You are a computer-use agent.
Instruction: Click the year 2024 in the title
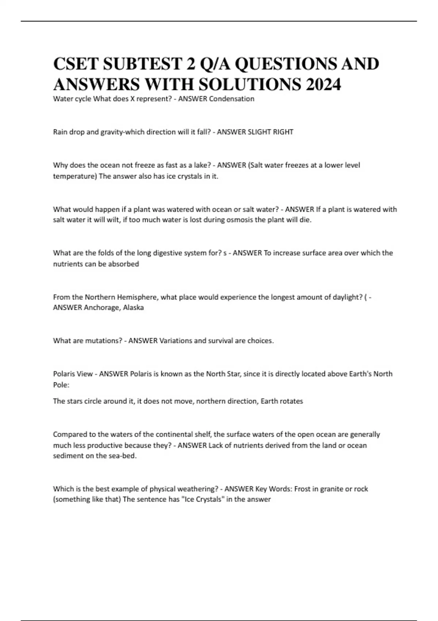point(323,84)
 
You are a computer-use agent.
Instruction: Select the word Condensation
point(232,99)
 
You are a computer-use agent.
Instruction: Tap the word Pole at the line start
point(60,385)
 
